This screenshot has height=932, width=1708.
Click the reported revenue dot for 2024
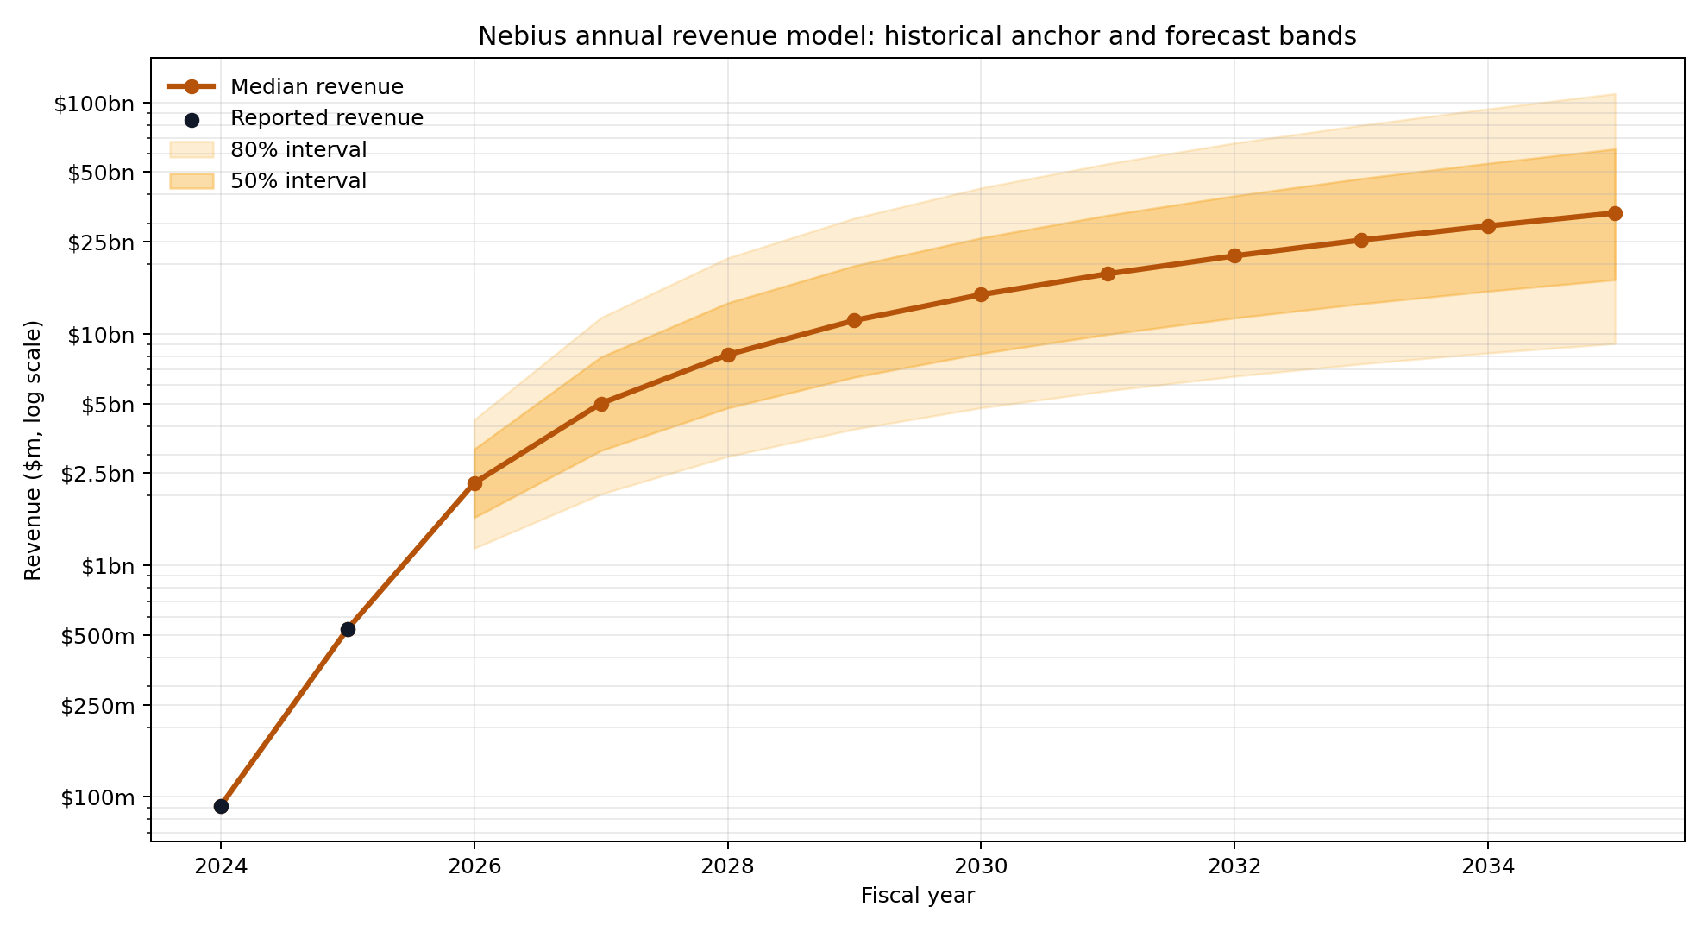(x=221, y=806)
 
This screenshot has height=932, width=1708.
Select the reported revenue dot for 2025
(x=348, y=629)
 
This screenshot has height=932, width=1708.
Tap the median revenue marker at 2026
(x=474, y=483)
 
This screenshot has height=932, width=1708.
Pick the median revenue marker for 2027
(x=601, y=404)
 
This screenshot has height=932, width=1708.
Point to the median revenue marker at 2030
(x=981, y=294)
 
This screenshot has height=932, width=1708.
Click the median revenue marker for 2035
(x=1615, y=213)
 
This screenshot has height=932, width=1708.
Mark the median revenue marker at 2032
(x=1234, y=255)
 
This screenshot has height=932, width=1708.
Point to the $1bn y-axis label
(x=107, y=566)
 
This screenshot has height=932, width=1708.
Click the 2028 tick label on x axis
(x=727, y=866)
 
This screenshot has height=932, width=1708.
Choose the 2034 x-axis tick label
(x=1488, y=866)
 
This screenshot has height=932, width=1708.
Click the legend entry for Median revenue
(x=317, y=87)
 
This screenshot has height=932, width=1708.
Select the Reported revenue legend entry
(x=327, y=118)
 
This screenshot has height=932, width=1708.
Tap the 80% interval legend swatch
(x=192, y=150)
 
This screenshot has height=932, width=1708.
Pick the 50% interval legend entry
(x=298, y=181)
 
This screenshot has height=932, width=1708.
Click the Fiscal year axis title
(x=917, y=896)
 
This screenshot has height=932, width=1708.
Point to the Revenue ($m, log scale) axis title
(x=33, y=450)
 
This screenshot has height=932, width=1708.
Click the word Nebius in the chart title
(x=514, y=36)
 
